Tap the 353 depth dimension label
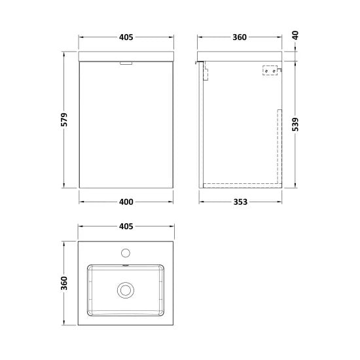(240, 202)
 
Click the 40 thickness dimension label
(296, 37)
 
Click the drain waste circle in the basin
(125, 289)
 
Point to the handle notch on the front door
(125, 63)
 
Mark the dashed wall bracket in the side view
(269, 70)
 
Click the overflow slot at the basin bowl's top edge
(125, 266)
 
